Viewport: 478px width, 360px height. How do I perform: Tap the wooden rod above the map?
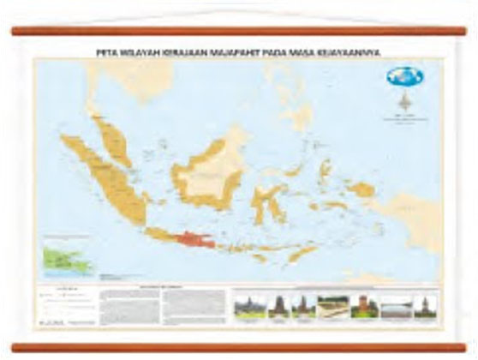[x=238, y=31]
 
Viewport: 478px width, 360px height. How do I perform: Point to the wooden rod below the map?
[x=238, y=346]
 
